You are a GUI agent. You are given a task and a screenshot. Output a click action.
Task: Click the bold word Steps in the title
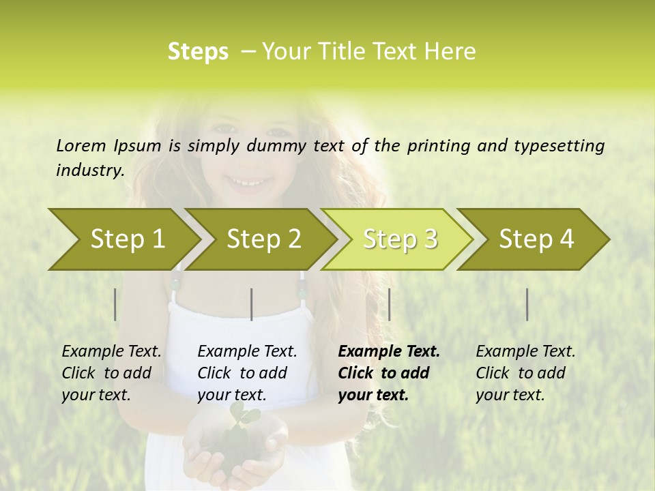(198, 52)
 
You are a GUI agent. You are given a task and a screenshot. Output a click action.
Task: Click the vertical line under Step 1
(115, 304)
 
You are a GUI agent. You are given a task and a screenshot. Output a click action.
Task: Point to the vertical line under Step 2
(252, 304)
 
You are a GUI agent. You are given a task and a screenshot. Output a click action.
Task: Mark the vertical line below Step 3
(389, 304)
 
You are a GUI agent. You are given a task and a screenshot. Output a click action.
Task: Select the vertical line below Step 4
(527, 304)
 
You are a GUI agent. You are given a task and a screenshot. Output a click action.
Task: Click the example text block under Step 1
(111, 373)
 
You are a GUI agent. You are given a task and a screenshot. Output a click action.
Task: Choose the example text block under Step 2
(247, 373)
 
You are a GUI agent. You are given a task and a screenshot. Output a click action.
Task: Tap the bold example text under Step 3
(389, 373)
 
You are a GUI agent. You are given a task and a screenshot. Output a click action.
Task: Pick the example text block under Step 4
(525, 373)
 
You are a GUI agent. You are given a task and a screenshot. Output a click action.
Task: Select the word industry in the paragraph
(89, 170)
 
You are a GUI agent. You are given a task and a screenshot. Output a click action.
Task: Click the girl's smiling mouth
(244, 181)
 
